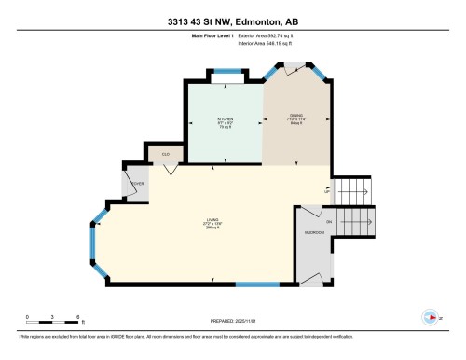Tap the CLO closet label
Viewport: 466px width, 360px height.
click(165, 154)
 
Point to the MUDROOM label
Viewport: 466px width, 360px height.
click(314, 232)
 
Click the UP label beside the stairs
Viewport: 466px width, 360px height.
click(326, 190)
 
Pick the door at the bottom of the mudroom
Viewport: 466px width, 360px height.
click(315, 278)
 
